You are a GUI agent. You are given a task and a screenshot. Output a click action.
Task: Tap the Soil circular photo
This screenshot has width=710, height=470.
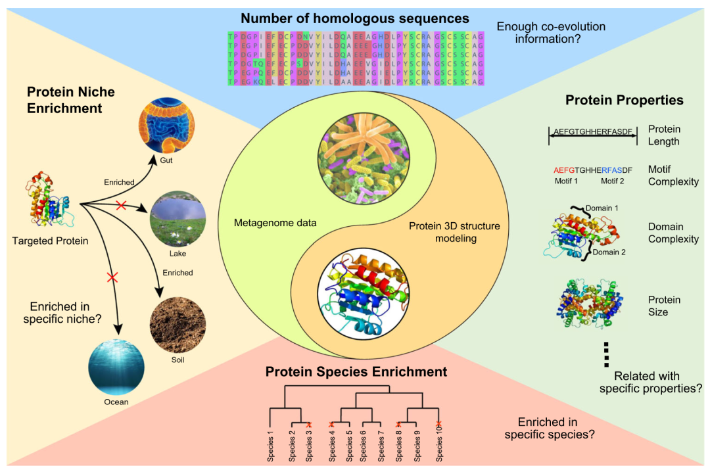coord(178,326)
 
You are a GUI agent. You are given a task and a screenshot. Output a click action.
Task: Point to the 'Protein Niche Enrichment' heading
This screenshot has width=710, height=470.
coord(70,99)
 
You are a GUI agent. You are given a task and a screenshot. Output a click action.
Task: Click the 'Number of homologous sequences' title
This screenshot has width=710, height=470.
coord(355,18)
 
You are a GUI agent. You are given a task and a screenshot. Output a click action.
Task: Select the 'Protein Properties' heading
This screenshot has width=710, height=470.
coord(624,101)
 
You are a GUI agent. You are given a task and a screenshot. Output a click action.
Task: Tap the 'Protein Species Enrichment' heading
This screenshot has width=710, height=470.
coord(356,372)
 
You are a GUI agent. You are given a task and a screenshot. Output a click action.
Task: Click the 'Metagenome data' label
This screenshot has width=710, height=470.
coord(275,223)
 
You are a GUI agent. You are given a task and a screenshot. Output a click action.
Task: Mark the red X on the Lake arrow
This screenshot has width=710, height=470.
coord(121,206)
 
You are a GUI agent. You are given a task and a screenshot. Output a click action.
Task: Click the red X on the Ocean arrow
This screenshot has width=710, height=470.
coord(112,278)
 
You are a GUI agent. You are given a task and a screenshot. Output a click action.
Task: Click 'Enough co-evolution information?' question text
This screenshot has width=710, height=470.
coord(551,33)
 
